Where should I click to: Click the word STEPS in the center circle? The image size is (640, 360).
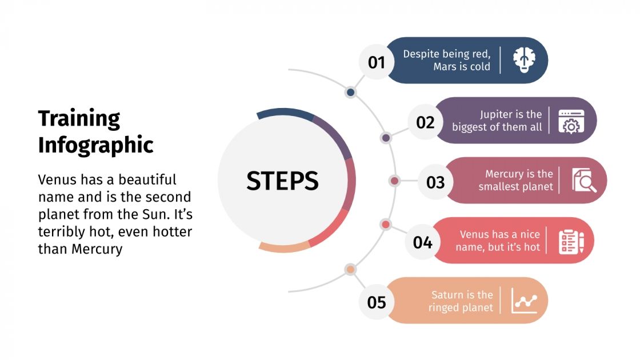pos(282,181)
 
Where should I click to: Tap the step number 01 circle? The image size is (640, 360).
pos(377,61)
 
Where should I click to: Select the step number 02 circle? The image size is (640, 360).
pos(425,122)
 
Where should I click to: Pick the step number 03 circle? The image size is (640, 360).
pos(435,182)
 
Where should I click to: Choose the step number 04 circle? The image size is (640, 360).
pos(423,242)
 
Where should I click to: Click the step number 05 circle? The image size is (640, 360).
pos(377,302)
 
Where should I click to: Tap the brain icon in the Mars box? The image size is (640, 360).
pos(523,60)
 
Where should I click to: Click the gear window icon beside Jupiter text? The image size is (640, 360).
pos(571,121)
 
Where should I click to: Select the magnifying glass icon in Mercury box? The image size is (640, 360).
pos(584,181)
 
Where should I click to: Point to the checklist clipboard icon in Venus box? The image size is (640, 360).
pos(571,241)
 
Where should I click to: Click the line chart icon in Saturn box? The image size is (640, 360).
pos(524,301)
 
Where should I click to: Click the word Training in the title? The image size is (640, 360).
pos(79,119)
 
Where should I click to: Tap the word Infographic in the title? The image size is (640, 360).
pos(96,145)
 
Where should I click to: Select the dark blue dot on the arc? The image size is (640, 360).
pos(351,92)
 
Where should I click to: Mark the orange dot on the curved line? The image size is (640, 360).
pos(351,269)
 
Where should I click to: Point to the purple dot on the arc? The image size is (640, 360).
pos(386,138)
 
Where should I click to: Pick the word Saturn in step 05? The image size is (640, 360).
pos(447,295)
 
